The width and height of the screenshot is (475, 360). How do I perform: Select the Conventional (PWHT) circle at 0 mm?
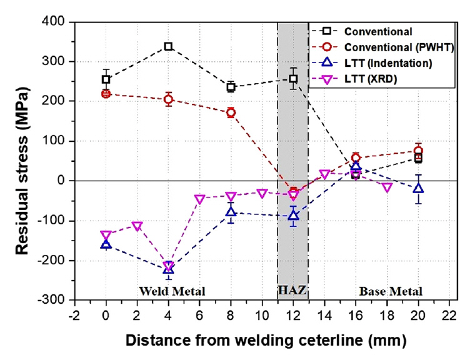click(106, 94)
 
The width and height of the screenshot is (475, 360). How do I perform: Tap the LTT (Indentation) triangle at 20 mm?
click(418, 187)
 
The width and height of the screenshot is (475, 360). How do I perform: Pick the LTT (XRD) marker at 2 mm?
click(137, 226)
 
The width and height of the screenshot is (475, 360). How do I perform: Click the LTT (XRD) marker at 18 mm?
click(387, 187)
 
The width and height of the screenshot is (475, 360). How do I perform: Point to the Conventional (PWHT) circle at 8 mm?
click(231, 112)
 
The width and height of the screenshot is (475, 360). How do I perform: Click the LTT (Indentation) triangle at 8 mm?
click(231, 212)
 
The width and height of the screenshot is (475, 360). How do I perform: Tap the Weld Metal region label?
click(172, 291)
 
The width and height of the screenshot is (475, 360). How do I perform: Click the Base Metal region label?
click(391, 291)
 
